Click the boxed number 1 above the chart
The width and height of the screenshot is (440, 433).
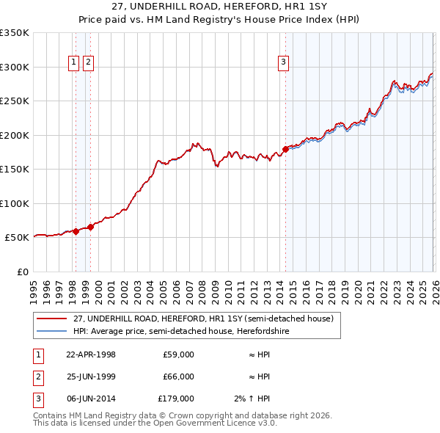(75, 63)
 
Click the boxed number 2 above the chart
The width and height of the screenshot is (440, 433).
(87, 63)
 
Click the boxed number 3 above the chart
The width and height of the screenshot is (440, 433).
(283, 63)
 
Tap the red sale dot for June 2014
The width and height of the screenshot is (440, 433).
(285, 150)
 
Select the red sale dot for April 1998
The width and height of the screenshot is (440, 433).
(76, 231)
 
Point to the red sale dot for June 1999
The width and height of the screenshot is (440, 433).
(91, 227)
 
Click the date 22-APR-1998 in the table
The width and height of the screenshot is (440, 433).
(91, 354)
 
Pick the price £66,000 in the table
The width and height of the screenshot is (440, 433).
(178, 376)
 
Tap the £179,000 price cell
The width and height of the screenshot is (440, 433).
(176, 399)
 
